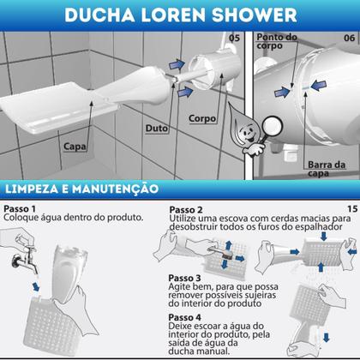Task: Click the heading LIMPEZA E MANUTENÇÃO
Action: coord(82,187)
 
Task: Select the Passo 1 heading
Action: coord(22,208)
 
